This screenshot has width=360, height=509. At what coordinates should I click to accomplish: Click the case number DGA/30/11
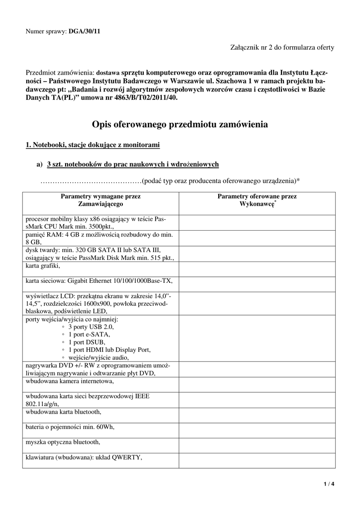(84, 31)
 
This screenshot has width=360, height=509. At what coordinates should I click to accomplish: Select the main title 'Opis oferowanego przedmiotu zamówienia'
(180, 124)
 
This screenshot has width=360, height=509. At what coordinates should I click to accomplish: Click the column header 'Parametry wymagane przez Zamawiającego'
(100, 200)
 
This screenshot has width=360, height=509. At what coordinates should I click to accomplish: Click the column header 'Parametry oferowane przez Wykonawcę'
(257, 200)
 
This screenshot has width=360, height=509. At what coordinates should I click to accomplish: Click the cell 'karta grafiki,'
(43, 266)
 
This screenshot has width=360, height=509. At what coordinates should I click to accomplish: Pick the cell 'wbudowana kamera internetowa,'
(70, 381)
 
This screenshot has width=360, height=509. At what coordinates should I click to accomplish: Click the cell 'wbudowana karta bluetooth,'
(64, 412)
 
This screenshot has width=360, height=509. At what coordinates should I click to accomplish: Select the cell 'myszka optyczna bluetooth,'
(63, 441)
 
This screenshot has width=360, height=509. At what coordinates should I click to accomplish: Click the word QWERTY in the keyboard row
(128, 458)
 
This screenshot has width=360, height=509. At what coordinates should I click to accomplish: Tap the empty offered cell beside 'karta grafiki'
(257, 269)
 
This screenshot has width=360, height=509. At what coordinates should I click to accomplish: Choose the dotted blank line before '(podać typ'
(91, 180)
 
